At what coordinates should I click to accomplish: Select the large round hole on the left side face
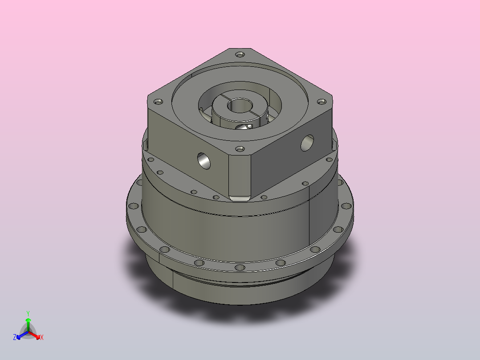[x=204, y=160]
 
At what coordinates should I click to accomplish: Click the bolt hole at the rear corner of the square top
[x=240, y=54]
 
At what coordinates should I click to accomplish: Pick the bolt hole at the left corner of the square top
[x=157, y=102]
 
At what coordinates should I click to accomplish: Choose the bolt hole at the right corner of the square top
[x=320, y=102]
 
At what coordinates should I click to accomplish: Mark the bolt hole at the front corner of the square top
[x=240, y=149]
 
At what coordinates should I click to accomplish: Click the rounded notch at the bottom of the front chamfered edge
[x=240, y=197]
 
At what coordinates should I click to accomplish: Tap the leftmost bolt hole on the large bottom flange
[x=133, y=207]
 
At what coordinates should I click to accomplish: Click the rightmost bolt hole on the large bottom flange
[x=345, y=207]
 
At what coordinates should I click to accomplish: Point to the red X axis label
[x=42, y=338]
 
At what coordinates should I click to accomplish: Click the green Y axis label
[x=28, y=313]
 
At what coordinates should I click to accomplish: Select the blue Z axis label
[x=15, y=337]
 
